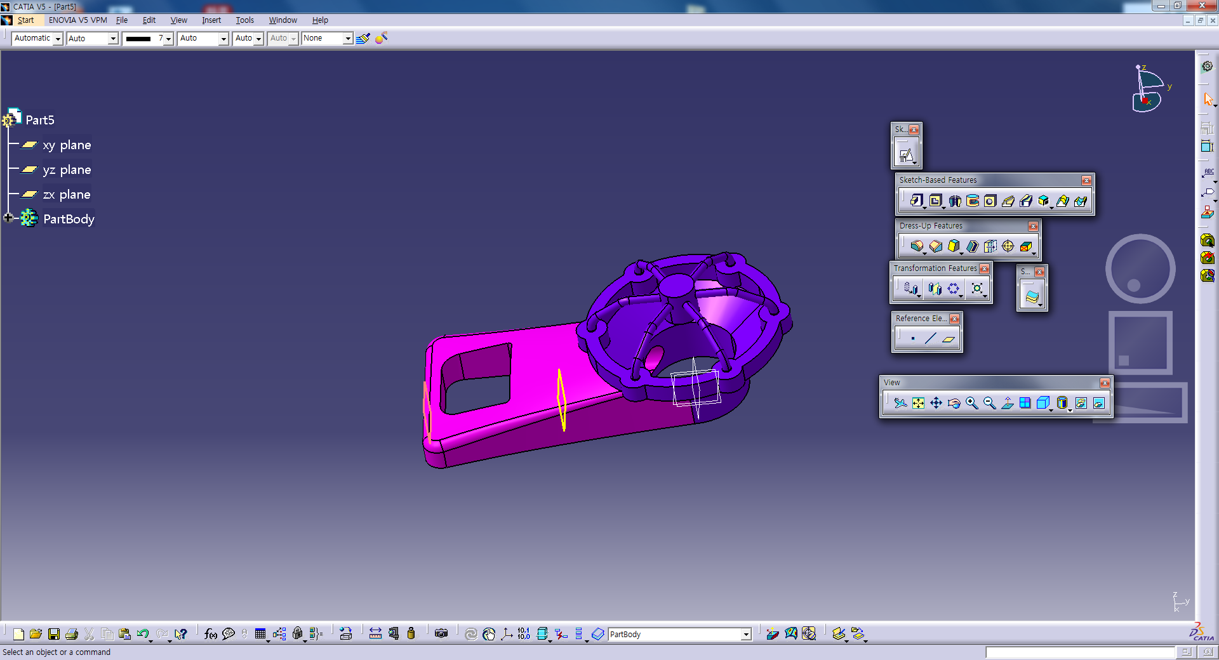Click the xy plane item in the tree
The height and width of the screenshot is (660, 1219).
67,145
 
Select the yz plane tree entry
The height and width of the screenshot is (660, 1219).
67,170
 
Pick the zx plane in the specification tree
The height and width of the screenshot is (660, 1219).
67,195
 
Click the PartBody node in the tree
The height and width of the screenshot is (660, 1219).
69,220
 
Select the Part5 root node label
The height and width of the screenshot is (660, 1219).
40,120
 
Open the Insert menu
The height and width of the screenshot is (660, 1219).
211,20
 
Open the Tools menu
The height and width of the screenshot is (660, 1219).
244,20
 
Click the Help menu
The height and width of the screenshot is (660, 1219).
320,20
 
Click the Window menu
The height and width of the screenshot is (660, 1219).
283,20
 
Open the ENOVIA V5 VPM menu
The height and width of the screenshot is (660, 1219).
78,20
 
